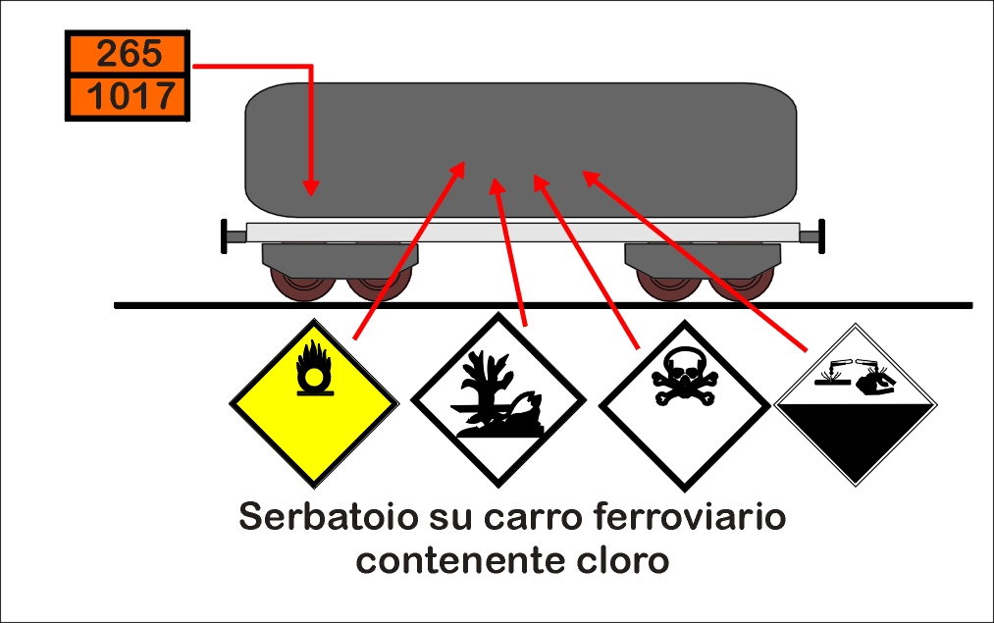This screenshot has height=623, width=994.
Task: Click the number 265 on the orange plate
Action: (x=130, y=53)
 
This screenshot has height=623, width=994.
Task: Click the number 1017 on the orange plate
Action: (x=131, y=96)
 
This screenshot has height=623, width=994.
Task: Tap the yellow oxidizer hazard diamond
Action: (x=314, y=403)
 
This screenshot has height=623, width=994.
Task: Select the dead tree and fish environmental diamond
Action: (x=498, y=400)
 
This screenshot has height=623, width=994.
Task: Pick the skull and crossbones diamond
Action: (x=684, y=405)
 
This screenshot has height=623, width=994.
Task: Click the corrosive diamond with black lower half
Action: (x=856, y=404)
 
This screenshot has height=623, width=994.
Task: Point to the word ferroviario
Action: (x=690, y=516)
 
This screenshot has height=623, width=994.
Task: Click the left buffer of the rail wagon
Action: (x=233, y=236)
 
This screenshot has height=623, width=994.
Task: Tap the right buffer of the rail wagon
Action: (x=812, y=236)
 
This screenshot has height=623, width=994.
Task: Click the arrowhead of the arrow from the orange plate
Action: (x=311, y=187)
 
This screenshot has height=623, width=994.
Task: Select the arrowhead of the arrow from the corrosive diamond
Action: (x=591, y=178)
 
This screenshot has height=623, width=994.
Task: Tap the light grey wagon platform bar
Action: (x=523, y=232)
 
